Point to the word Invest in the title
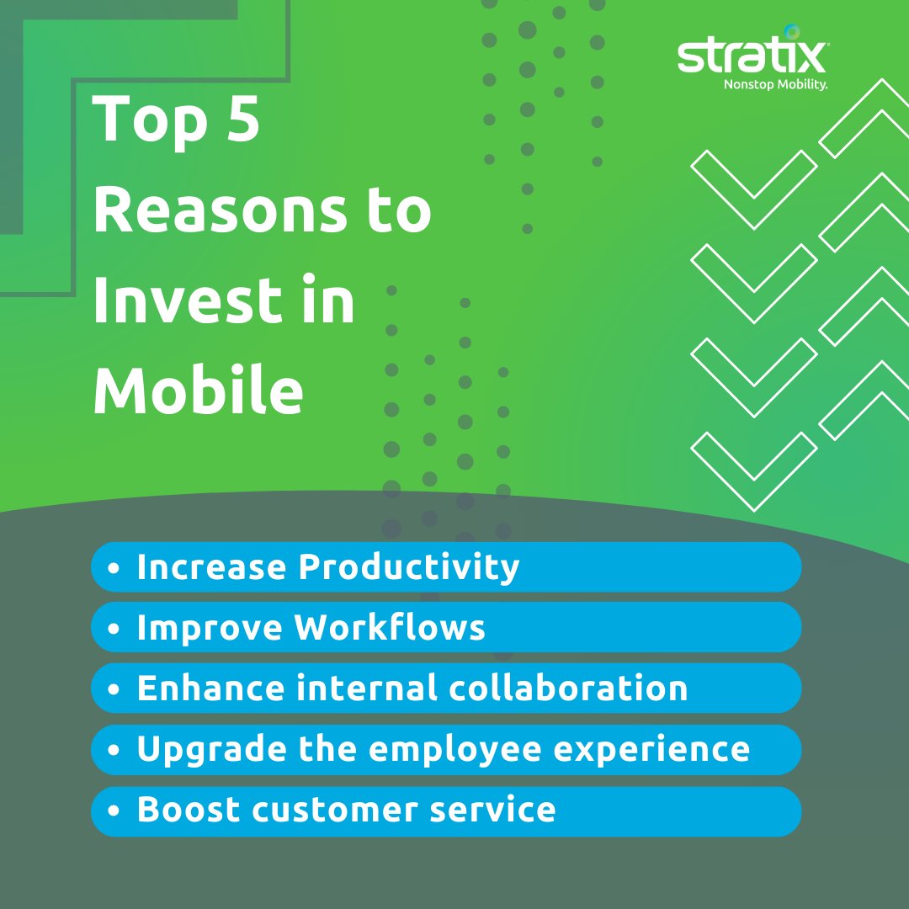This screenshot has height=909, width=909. point(186,301)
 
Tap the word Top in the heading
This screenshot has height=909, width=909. point(149,120)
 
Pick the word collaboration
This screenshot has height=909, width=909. point(564,688)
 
